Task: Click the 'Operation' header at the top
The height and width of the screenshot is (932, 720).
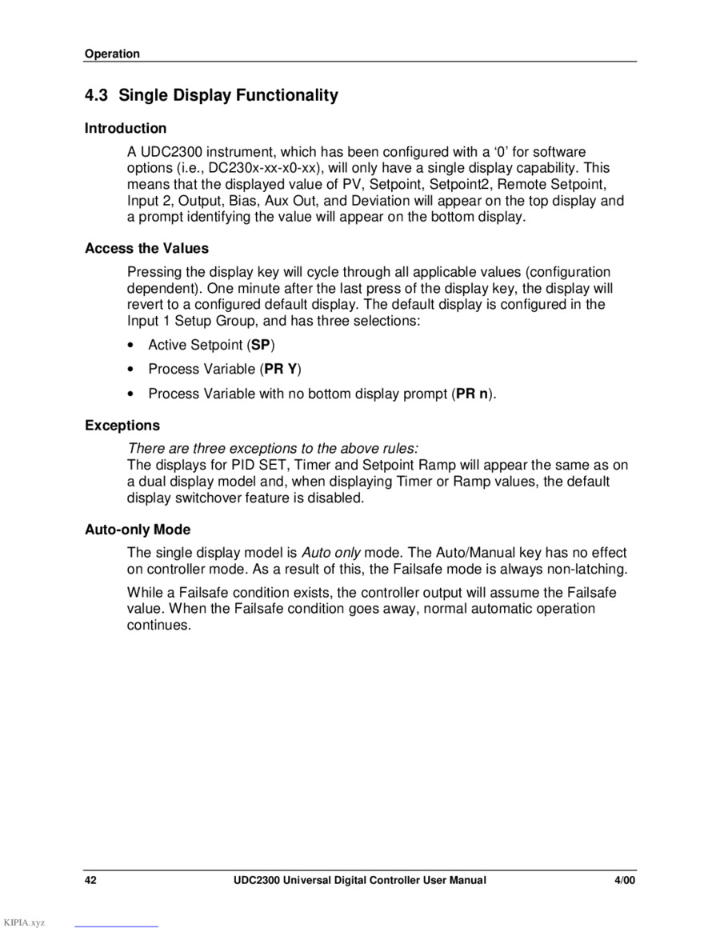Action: tap(112, 54)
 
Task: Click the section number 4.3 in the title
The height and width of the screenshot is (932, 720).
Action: tap(96, 95)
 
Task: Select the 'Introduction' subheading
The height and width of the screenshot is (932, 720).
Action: tap(126, 128)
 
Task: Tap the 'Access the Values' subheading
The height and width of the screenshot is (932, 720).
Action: tap(146, 248)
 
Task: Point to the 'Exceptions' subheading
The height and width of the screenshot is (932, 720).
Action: tap(122, 426)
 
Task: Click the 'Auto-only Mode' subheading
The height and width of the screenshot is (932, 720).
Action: tap(138, 530)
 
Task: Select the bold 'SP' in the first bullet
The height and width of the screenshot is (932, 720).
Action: tap(261, 345)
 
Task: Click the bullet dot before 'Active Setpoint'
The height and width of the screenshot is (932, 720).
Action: tap(130, 346)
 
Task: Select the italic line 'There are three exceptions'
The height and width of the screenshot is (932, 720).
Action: tap(273, 448)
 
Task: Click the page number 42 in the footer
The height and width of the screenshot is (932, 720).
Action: tap(91, 880)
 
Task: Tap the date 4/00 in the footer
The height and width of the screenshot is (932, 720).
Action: tap(625, 880)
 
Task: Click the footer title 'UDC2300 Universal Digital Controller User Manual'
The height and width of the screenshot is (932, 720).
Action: tap(360, 880)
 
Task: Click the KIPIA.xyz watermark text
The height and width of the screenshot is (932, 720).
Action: tap(24, 922)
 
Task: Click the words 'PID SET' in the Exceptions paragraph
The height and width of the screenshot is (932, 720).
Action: tap(260, 465)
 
